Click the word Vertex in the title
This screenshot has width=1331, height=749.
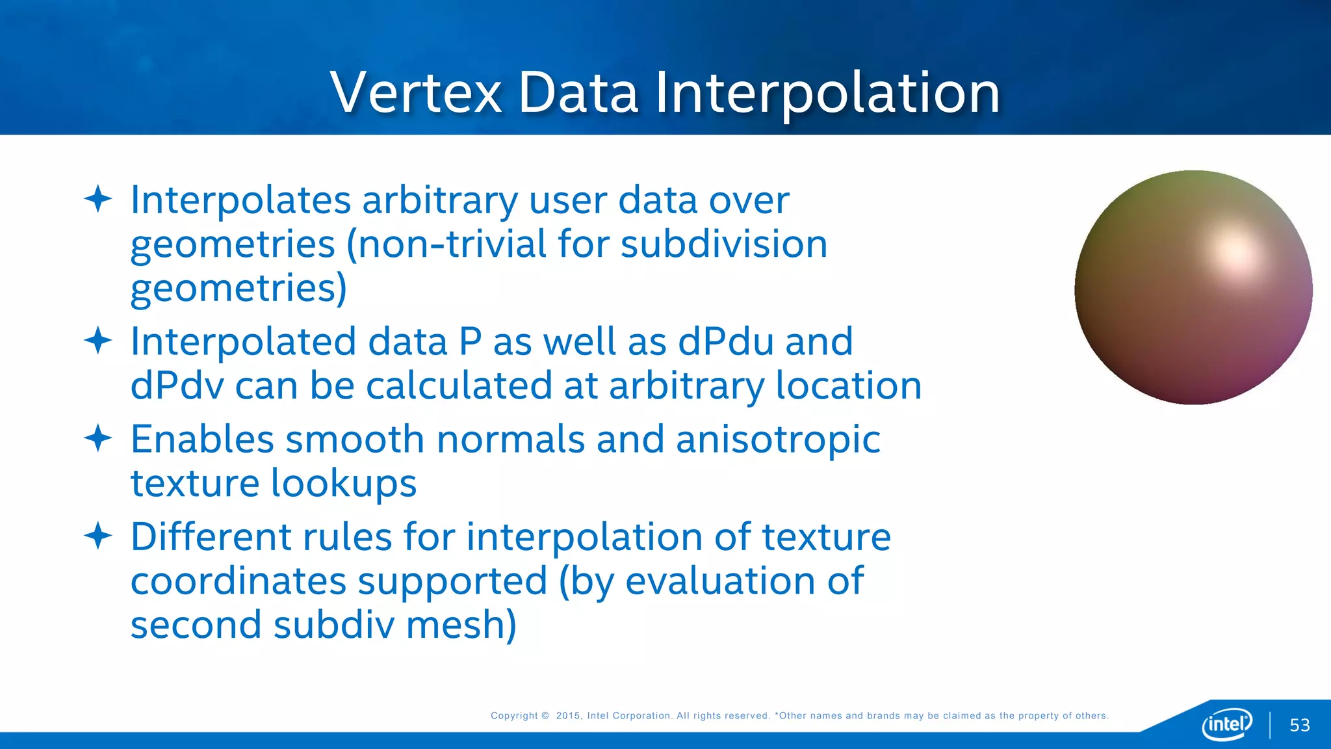[x=416, y=93]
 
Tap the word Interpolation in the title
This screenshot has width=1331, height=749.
[x=827, y=93]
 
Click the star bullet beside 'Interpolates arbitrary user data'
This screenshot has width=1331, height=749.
[x=98, y=199]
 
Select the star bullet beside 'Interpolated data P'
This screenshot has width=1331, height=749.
[x=98, y=341]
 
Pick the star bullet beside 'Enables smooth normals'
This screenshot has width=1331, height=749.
[x=98, y=438]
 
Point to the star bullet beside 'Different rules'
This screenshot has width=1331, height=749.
[x=98, y=536]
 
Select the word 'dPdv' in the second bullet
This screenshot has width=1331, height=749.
[x=176, y=386]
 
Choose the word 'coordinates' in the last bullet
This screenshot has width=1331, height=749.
[x=238, y=581]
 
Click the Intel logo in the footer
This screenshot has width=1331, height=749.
[x=1227, y=724]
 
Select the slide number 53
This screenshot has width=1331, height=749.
[x=1299, y=725]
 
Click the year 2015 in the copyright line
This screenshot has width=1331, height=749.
[x=568, y=716]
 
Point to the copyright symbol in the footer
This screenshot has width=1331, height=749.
[x=545, y=716]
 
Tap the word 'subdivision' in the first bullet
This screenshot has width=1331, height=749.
[x=723, y=244]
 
